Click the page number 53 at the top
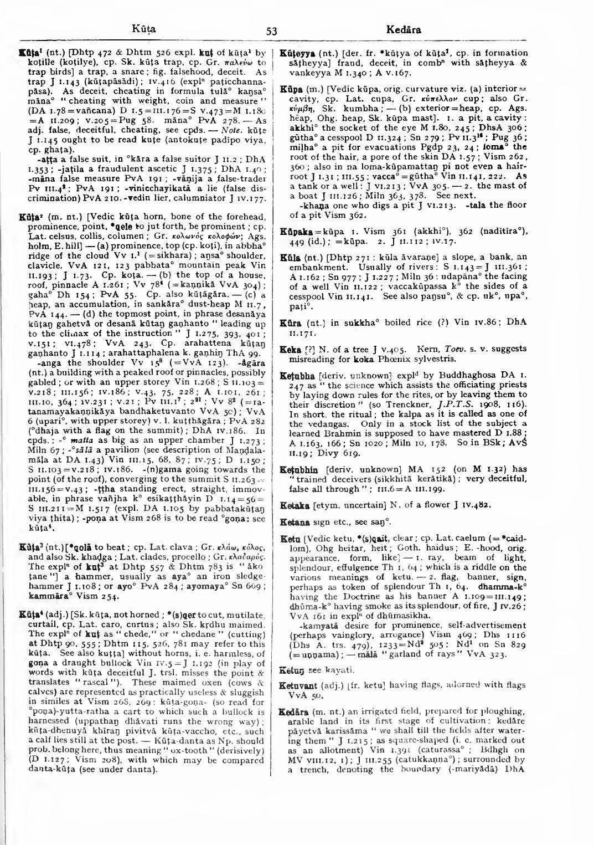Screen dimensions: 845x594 [271, 31]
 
